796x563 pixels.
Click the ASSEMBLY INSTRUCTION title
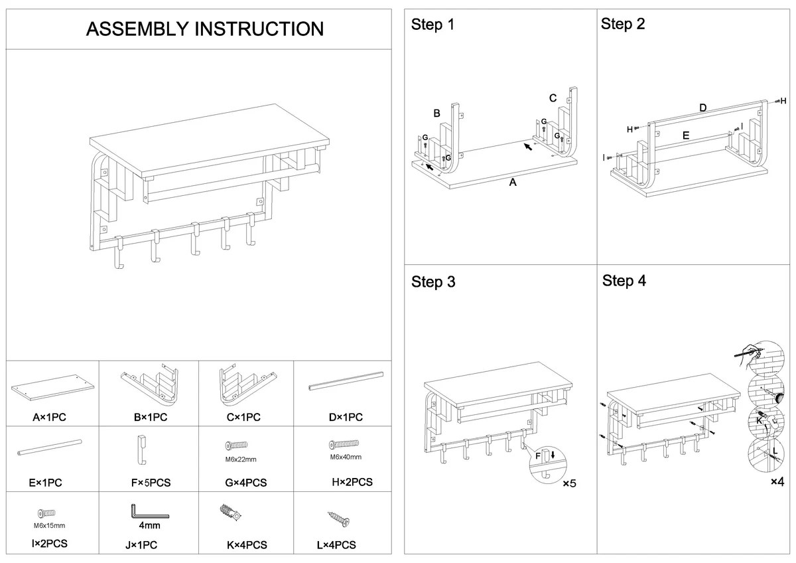(x=205, y=29)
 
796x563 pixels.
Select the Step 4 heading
(x=624, y=281)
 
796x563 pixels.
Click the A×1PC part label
(x=49, y=418)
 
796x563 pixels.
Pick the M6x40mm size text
(x=346, y=457)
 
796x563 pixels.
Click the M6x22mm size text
(x=240, y=459)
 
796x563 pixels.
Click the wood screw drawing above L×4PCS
(x=339, y=519)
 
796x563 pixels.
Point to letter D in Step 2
(x=702, y=108)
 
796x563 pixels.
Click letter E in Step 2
(x=686, y=135)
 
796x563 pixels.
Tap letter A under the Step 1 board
(x=512, y=183)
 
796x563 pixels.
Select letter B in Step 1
(x=437, y=114)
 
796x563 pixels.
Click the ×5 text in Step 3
(x=570, y=483)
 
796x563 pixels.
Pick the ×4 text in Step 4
(x=777, y=481)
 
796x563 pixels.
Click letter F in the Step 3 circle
(x=538, y=456)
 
